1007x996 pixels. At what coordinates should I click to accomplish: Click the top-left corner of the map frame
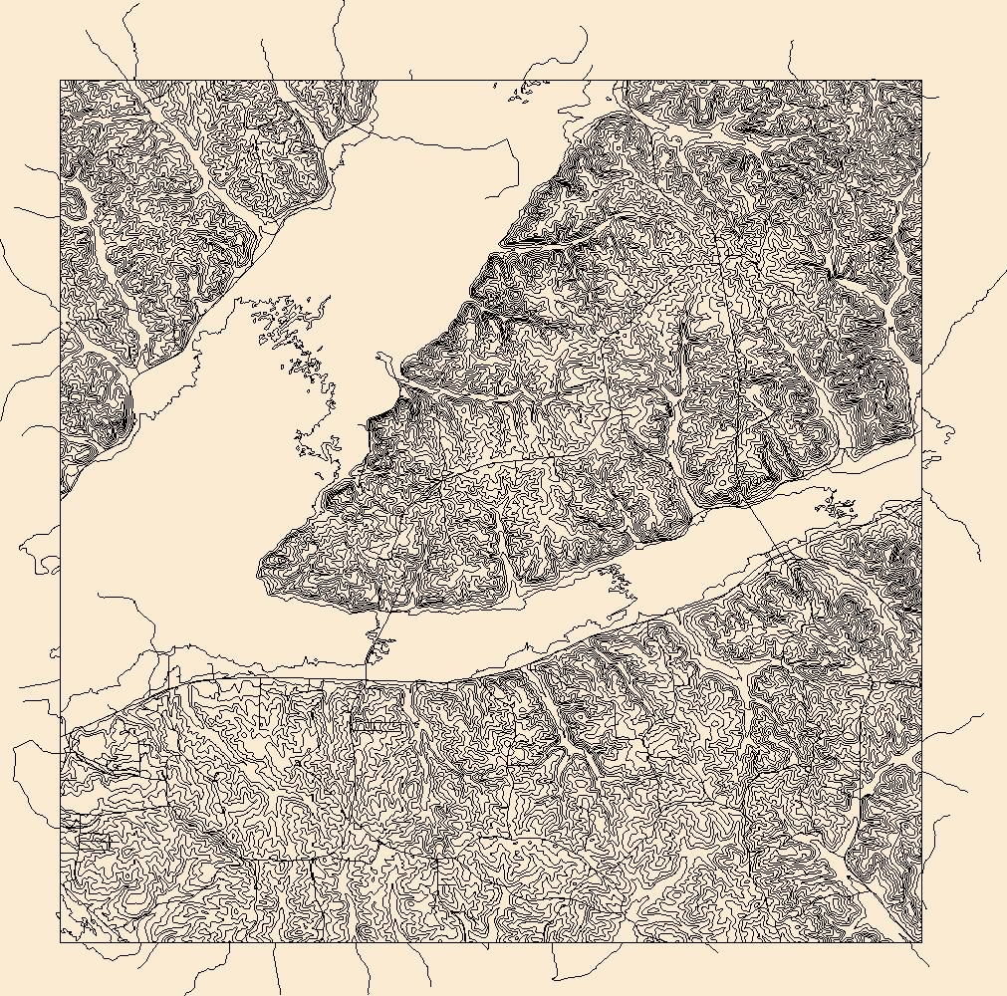pos(61,81)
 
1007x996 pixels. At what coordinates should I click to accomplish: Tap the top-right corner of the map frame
pos(921,81)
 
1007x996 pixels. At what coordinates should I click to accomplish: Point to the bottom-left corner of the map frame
pos(61,941)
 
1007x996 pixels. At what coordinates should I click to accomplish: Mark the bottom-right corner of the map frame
pos(921,941)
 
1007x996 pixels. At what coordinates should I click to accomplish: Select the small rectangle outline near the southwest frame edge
pos(93,842)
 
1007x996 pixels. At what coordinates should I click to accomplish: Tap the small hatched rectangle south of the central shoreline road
pos(378,727)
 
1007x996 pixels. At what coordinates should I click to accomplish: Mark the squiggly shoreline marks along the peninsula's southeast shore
pos(618,578)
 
